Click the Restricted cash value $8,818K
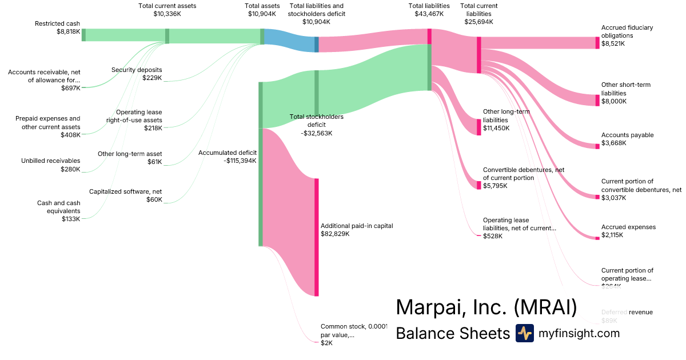(x=65, y=33)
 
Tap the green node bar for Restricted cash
(x=83, y=34)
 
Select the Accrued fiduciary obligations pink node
(x=597, y=43)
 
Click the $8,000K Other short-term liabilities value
(x=614, y=101)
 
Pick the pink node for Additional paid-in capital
(x=316, y=237)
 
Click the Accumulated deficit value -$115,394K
(x=240, y=161)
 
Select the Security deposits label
(x=137, y=70)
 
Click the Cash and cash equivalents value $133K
(x=71, y=219)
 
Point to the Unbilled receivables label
(x=51, y=161)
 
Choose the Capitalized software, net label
(x=126, y=192)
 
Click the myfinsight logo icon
(x=525, y=333)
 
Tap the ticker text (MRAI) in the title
(x=545, y=307)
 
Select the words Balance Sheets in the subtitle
(x=452, y=333)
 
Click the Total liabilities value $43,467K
(x=429, y=14)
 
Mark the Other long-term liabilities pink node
(x=479, y=127)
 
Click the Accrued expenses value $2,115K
(x=612, y=235)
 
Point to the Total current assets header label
(x=166, y=6)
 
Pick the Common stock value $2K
(x=326, y=343)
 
